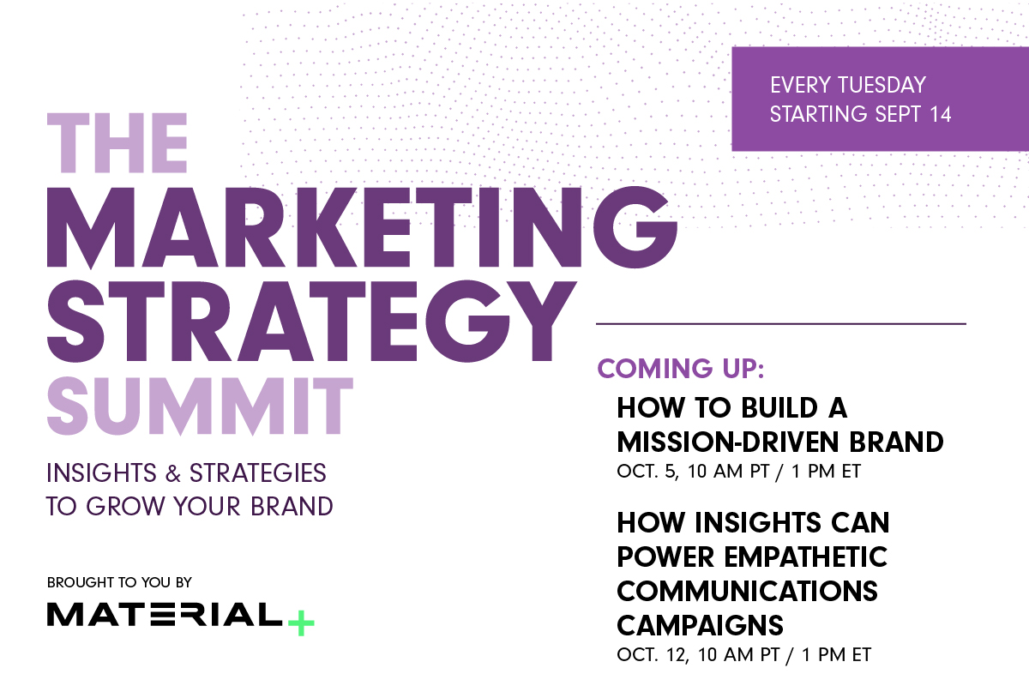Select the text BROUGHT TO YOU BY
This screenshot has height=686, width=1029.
[120, 582]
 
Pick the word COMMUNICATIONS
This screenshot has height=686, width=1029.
[747, 591]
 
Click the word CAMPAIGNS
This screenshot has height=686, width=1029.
[701, 624]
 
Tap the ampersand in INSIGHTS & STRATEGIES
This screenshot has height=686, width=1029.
[171, 472]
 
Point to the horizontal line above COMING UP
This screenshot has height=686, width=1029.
[780, 324]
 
